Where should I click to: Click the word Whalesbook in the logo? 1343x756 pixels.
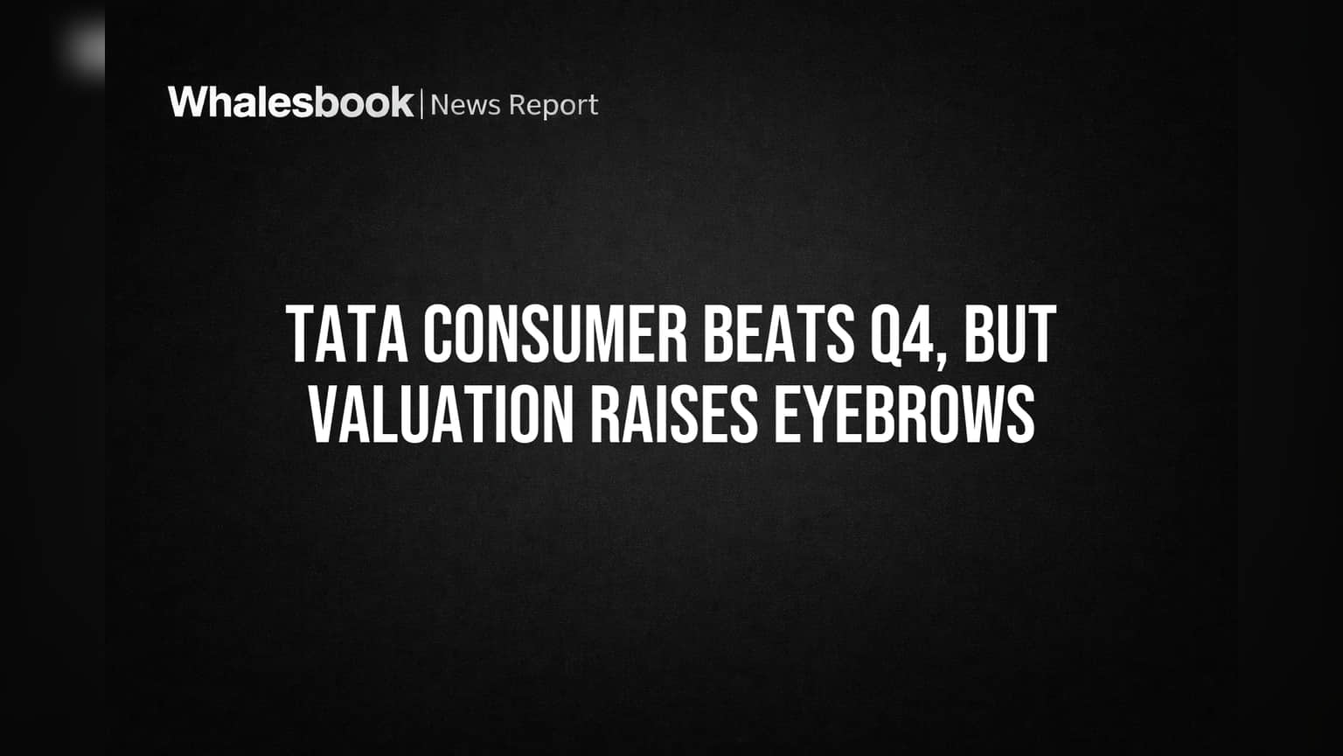[x=291, y=102]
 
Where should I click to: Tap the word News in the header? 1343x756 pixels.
[x=465, y=106]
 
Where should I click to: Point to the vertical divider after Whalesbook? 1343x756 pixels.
[x=422, y=103]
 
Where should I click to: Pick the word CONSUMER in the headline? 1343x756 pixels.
[x=556, y=334]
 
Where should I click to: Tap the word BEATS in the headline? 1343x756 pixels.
[x=778, y=334]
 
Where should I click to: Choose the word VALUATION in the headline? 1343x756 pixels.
[x=441, y=414]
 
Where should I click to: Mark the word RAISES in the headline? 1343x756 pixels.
[x=675, y=414]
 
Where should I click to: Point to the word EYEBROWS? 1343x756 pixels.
[x=905, y=414]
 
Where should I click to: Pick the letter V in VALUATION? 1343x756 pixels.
[x=324, y=414]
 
